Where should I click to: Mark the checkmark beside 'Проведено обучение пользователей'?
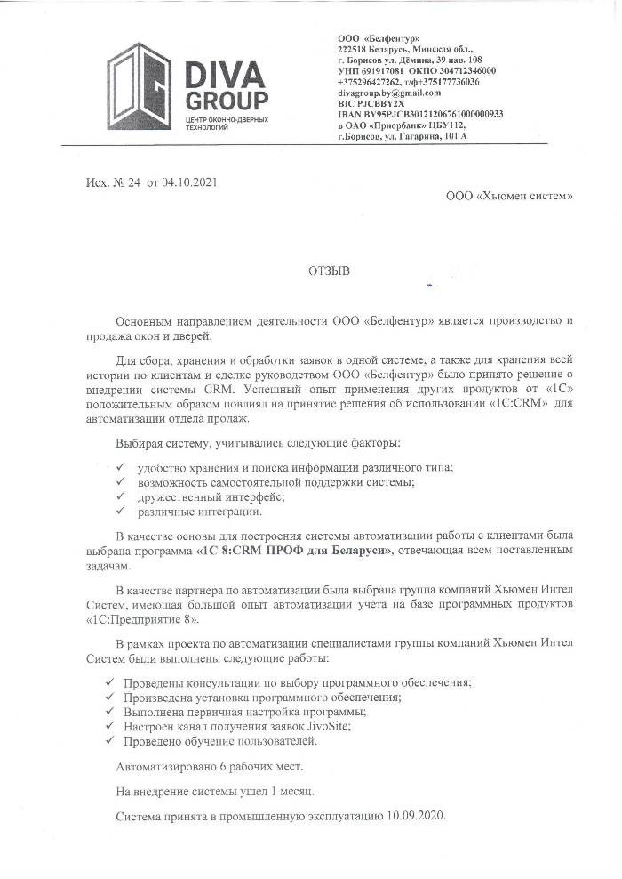click(x=108, y=740)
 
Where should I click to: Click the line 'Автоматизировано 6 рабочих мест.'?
click(x=210, y=766)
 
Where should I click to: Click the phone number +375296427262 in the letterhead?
click(x=375, y=81)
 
